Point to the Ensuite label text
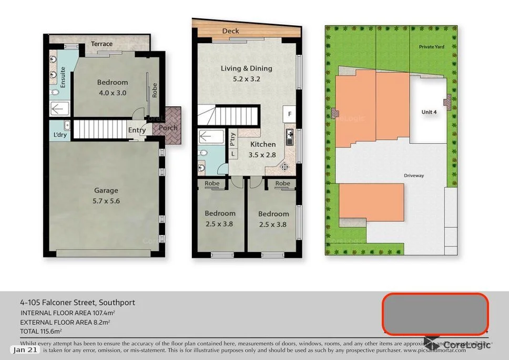[63, 77]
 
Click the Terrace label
[101, 44]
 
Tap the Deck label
[230, 31]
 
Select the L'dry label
[60, 135]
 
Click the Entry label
[137, 130]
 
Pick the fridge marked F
[289, 114]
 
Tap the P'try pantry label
[233, 138]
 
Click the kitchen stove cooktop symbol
[284, 167]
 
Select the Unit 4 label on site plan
[429, 112]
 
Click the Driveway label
[413, 175]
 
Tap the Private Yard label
[431, 47]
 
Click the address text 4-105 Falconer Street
[77, 303]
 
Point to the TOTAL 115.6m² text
[41, 331]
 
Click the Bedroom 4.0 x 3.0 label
[112, 87]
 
